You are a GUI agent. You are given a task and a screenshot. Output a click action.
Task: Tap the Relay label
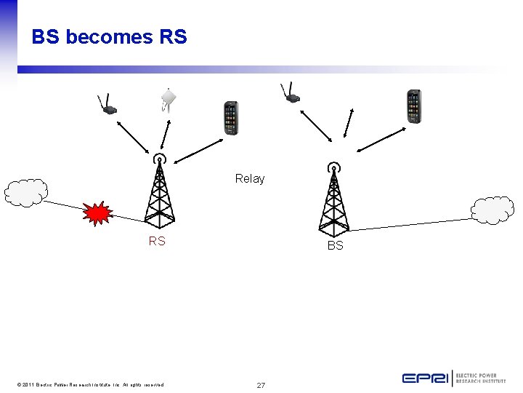tap(250, 178)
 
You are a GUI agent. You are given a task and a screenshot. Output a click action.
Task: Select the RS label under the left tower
tap(157, 241)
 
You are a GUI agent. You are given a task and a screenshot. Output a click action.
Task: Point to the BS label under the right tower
tap(335, 246)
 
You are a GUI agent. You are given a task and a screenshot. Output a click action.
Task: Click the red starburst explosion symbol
tap(97, 213)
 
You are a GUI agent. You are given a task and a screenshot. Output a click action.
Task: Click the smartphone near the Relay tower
tap(230, 118)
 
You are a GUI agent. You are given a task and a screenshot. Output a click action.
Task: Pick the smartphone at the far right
tap(413, 106)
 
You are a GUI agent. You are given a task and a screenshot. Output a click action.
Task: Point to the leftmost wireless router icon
tap(107, 106)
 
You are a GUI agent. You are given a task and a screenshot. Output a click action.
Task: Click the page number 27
tap(261, 384)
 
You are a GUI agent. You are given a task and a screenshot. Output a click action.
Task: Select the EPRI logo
tap(453, 378)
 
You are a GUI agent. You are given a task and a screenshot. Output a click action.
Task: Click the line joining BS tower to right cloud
tap(410, 223)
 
